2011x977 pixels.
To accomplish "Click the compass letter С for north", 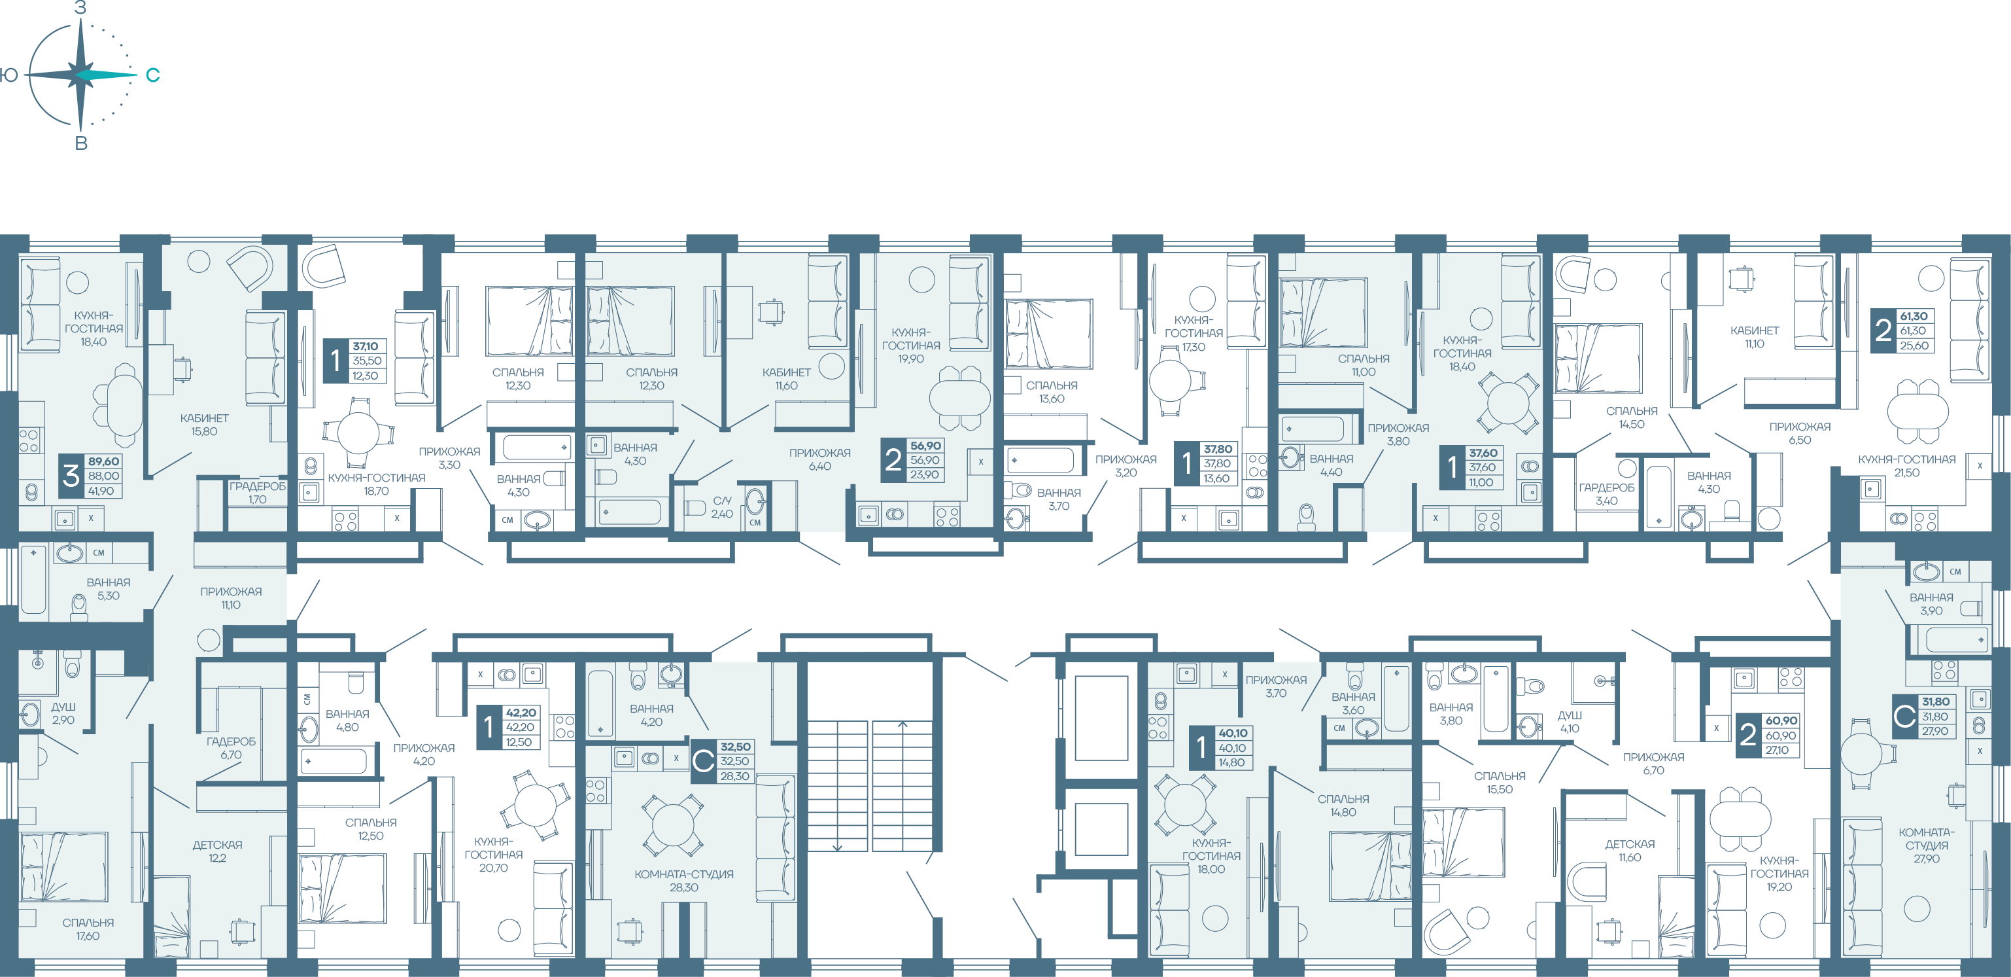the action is click(153, 75).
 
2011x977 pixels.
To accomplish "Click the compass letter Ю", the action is click(9, 75).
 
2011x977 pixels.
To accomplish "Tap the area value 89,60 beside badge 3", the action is click(103, 461).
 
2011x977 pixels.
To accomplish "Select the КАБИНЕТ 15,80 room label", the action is click(205, 425).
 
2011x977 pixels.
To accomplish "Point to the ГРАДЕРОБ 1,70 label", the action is click(258, 493).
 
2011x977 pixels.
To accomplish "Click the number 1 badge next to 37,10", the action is click(335, 361).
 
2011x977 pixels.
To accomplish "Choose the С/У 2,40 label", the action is click(722, 507).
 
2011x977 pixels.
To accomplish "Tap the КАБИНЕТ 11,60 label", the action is click(786, 379).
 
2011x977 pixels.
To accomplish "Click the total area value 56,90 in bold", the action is click(925, 446).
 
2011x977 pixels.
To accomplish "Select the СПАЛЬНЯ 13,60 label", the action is click(1052, 392).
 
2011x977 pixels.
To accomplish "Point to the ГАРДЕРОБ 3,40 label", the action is click(1607, 494).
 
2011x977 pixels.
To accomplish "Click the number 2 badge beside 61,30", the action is click(1883, 331).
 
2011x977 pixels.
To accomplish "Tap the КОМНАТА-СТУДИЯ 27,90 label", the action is click(1927, 845).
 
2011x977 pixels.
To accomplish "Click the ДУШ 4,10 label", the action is click(1570, 722).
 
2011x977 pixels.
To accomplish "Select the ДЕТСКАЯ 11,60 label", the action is click(1630, 851).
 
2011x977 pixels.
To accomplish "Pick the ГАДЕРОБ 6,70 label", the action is click(231, 748).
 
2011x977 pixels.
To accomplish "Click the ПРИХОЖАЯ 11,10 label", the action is click(231, 598).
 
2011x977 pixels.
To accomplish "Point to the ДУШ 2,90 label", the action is click(63, 713).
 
